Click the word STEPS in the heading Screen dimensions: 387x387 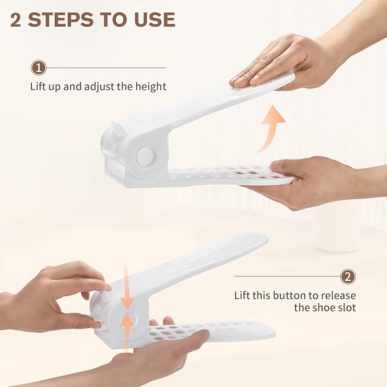61,19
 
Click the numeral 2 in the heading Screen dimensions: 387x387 16,20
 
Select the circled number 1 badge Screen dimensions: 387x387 39,68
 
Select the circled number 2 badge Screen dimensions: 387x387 348,276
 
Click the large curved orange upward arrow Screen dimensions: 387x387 271,128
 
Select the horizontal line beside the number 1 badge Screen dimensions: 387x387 106,68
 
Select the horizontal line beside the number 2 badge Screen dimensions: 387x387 287,276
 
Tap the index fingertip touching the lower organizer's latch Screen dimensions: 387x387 108,287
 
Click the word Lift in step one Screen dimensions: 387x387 37,87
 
